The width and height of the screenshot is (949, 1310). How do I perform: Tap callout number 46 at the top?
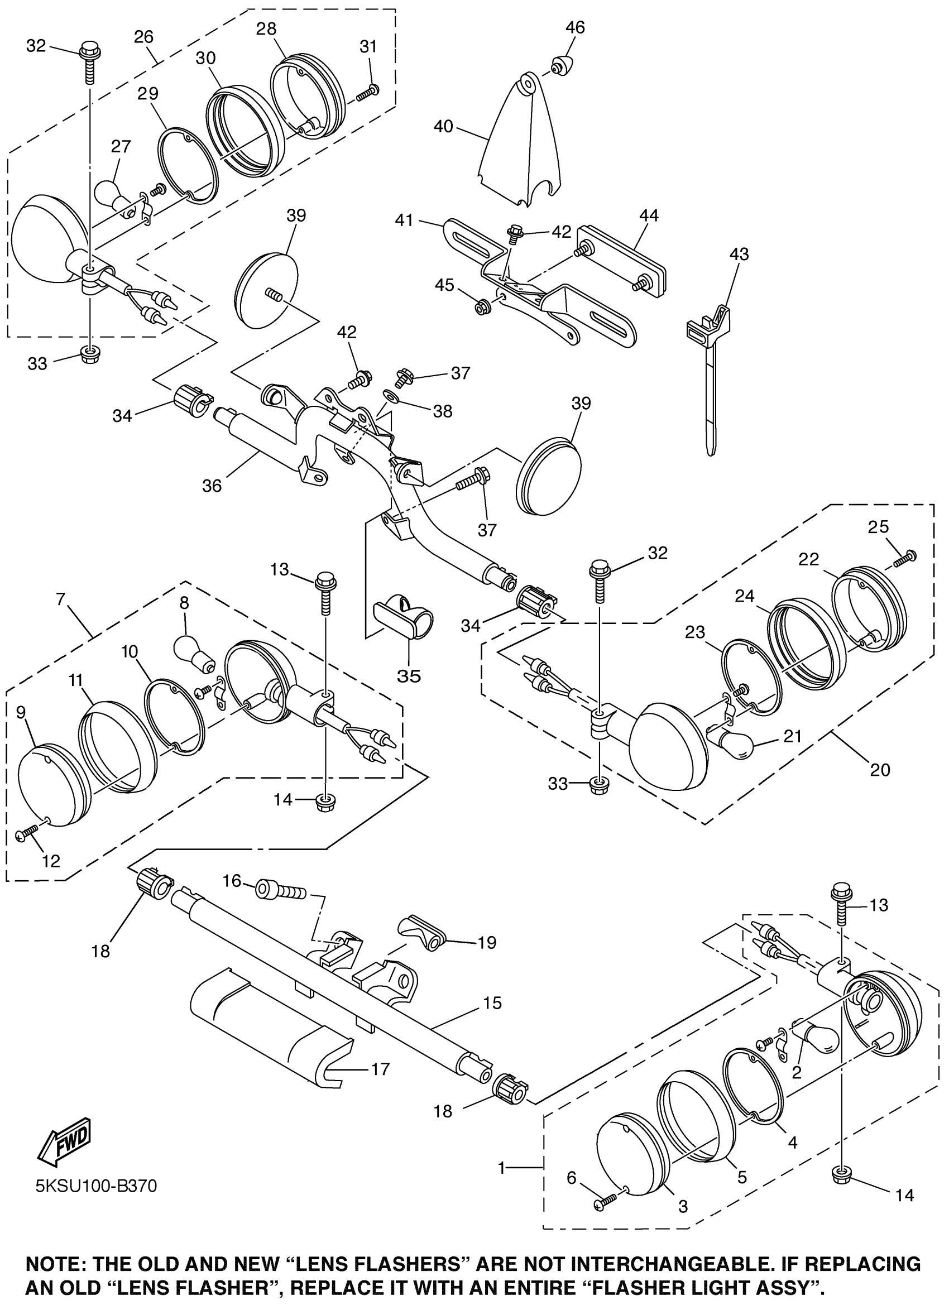pyautogui.click(x=575, y=27)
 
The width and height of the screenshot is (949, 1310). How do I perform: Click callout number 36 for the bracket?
pyautogui.click(x=212, y=486)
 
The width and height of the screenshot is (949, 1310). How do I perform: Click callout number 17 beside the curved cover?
pyautogui.click(x=380, y=1069)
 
